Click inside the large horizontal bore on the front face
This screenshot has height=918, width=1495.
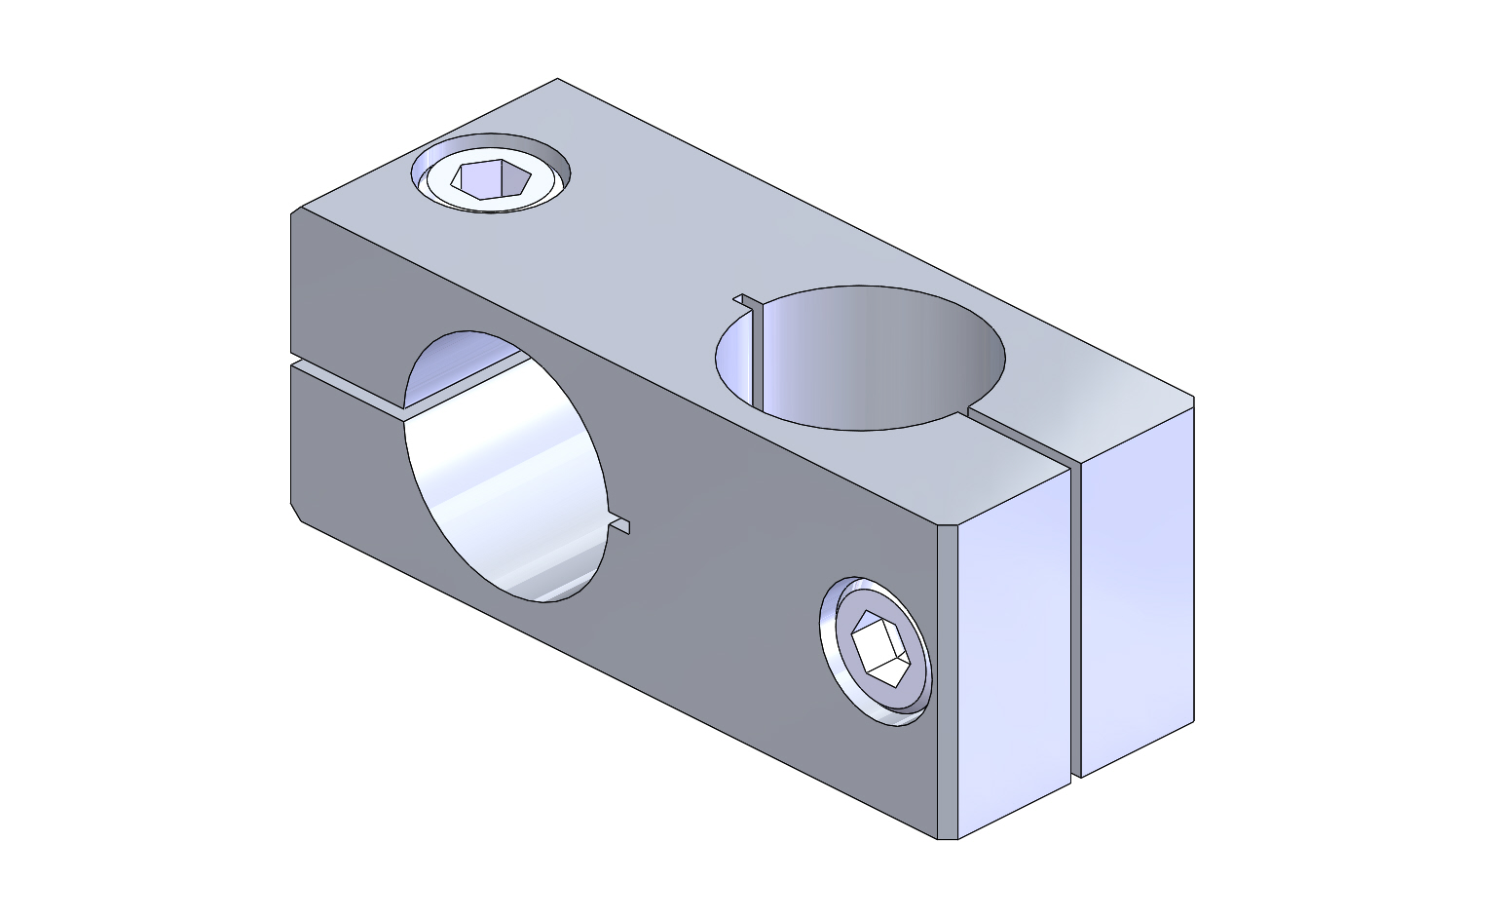click(x=506, y=468)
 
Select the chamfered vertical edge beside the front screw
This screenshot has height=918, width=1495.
click(x=948, y=682)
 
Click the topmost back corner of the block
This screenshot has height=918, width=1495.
click(x=558, y=80)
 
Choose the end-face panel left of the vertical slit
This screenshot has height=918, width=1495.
click(x=1013, y=643)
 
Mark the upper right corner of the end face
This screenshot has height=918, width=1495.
click(x=1193, y=400)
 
